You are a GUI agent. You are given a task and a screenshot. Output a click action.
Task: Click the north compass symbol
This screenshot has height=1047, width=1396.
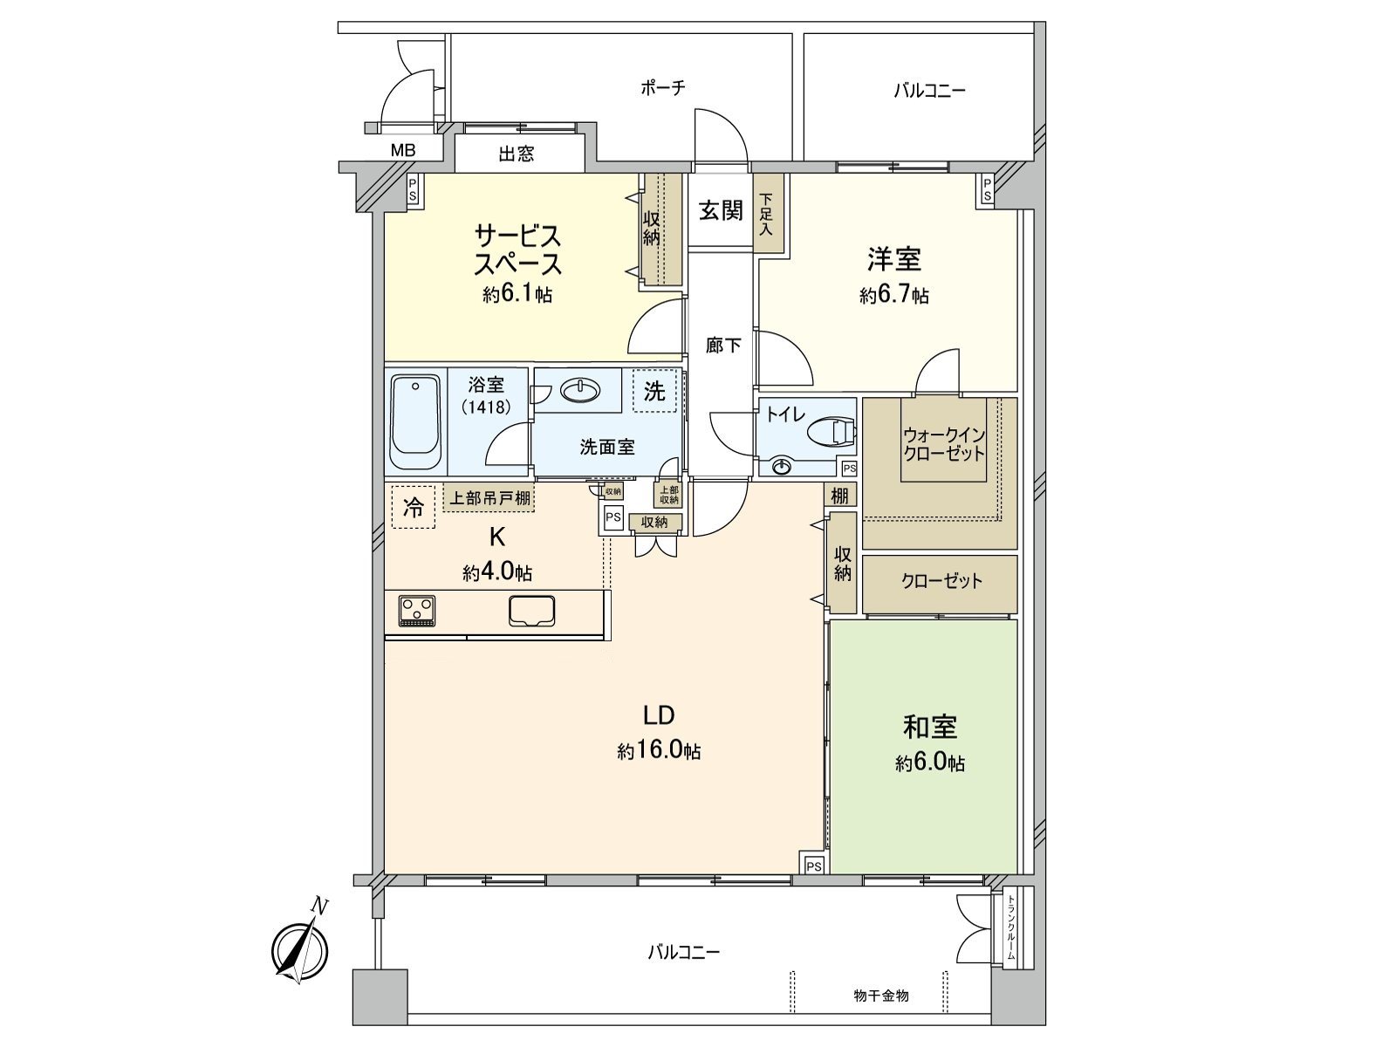pos(300,948)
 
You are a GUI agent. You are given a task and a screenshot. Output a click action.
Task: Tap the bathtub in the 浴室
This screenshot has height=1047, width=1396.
pos(415,422)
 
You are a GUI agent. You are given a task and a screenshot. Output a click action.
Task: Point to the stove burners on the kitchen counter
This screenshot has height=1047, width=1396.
pos(416,609)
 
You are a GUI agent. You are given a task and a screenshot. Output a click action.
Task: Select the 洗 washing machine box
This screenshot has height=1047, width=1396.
pos(654,392)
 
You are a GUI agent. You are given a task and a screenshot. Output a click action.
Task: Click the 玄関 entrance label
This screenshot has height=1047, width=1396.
pos(721,210)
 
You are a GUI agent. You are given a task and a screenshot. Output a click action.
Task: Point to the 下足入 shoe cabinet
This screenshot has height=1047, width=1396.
pos(768,214)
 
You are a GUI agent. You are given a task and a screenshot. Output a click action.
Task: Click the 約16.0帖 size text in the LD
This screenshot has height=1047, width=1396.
pos(659,750)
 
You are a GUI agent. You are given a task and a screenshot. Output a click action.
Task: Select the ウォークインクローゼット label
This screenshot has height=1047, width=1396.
pos(943,444)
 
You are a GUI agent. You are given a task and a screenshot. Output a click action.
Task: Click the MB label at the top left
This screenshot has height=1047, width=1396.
pos(403,150)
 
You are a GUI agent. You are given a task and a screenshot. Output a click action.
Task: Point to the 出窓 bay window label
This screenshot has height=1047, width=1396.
pos(517,154)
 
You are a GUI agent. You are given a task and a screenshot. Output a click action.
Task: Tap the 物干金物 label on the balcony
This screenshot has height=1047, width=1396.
pos(881,996)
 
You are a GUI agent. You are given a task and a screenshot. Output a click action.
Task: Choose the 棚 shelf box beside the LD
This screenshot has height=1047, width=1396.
pos(839,496)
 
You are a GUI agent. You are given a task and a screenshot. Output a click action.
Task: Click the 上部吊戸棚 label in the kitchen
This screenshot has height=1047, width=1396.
pos(488,499)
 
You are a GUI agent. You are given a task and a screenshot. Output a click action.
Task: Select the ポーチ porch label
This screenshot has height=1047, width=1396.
pos(663,87)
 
